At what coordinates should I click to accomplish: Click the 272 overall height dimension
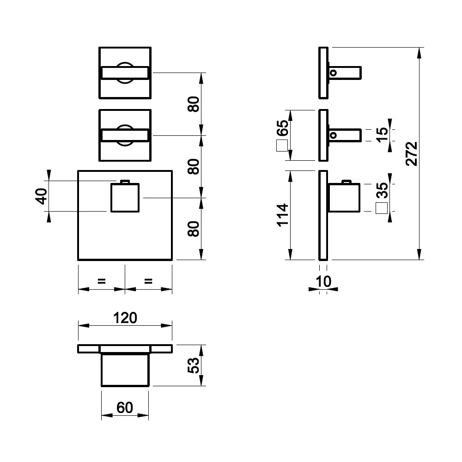[412, 153]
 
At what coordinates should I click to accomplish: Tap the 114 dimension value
[282, 215]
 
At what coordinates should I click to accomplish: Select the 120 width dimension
[125, 318]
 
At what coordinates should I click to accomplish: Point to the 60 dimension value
[125, 407]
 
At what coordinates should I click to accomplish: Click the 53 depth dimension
[194, 365]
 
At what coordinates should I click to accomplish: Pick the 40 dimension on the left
[41, 196]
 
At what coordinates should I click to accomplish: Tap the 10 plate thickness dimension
[323, 281]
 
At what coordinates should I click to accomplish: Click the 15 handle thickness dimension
[382, 135]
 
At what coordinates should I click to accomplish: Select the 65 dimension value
[283, 128]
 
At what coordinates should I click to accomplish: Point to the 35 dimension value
[383, 190]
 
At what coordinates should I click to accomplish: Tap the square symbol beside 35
[382, 208]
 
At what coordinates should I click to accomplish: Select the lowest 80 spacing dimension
[194, 229]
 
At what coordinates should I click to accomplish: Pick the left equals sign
[102, 281]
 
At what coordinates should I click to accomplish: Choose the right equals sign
[148, 281]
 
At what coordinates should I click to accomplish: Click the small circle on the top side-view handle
[333, 73]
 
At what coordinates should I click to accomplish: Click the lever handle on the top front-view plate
[125, 73]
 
